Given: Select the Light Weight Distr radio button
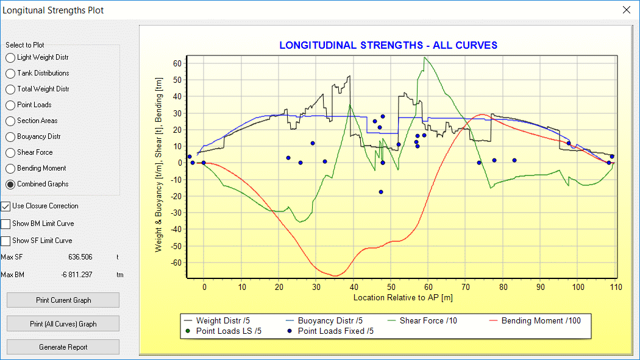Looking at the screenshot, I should tap(10, 58).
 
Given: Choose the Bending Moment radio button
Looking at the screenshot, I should tap(10, 169).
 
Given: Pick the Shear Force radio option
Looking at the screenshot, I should tap(10, 153).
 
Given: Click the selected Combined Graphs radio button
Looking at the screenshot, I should tap(10, 185).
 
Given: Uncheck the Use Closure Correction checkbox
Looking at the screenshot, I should tap(6, 206).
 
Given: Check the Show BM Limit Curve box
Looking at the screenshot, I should tap(6, 224).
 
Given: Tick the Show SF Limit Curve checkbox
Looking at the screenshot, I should tap(6, 241).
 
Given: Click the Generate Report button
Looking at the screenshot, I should tap(63, 347).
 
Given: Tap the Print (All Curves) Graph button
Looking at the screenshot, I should tap(63, 323).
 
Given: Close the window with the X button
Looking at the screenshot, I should tap(626, 10).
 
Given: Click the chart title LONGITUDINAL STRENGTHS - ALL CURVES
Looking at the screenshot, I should tap(388, 46).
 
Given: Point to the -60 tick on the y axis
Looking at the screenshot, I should tap(177, 263).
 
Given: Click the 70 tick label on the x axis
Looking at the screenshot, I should tap(466, 287).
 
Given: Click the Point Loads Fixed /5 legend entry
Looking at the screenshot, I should tap(335, 331).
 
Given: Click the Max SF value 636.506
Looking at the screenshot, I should tap(80, 258).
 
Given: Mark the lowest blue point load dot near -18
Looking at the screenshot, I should tap(381, 192).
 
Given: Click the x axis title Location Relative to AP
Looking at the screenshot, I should tap(402, 298).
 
